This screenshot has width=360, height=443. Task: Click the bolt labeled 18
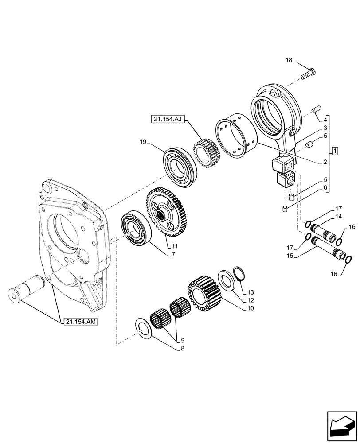tap(308, 74)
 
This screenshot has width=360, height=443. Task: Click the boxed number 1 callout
tap(336, 151)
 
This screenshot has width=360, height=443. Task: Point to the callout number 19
tap(142, 142)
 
